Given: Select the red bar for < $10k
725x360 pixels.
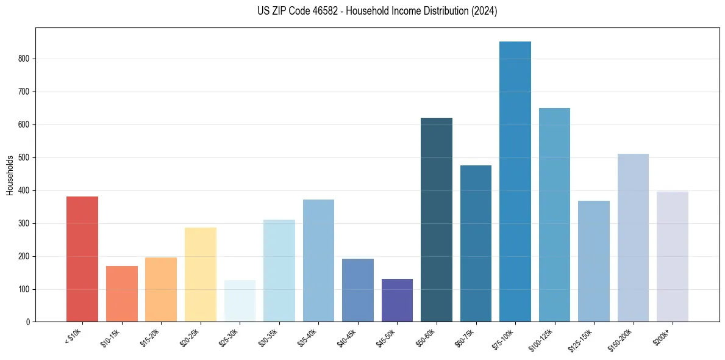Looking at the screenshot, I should point(82,259).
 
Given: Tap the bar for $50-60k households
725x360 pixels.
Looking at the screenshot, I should point(436,220).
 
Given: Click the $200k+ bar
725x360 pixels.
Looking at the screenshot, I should point(672,257).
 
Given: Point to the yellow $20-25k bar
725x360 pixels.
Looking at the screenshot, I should point(201,275).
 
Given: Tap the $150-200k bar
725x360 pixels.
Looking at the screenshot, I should point(633,238).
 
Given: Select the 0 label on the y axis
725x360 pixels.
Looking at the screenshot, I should point(29,322).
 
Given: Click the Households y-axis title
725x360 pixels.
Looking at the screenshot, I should point(10,175).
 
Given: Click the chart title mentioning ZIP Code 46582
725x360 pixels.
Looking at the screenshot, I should point(377,11).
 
